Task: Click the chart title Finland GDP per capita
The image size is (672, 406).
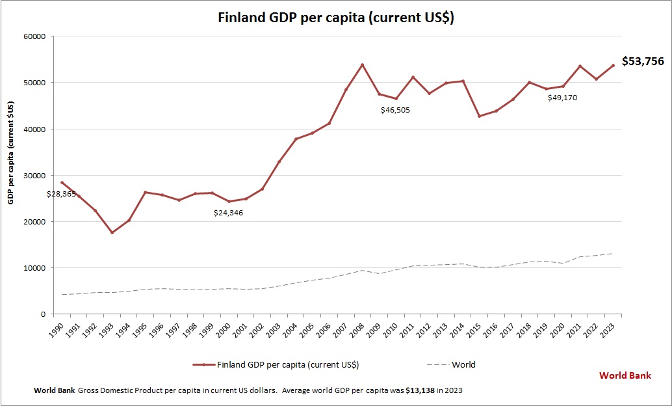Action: pyautogui.click(x=335, y=18)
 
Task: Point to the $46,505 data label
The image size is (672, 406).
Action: pyautogui.click(x=395, y=110)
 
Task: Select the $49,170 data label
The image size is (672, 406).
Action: pyautogui.click(x=562, y=98)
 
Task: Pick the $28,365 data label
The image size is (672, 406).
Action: pyautogui.click(x=61, y=194)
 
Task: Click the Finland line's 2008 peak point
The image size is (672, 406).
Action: pyautogui.click(x=363, y=65)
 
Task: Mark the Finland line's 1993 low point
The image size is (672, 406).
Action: pyautogui.click(x=112, y=232)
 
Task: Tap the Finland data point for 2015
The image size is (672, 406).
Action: pyautogui.click(x=480, y=116)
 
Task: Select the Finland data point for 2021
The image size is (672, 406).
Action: pyautogui.click(x=580, y=66)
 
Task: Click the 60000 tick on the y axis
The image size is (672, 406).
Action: pyautogui.click(x=34, y=36)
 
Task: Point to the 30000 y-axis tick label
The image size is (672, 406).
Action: pyautogui.click(x=34, y=176)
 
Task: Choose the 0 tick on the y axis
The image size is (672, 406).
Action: pyautogui.click(x=42, y=314)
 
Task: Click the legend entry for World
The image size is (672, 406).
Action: pyautogui.click(x=463, y=364)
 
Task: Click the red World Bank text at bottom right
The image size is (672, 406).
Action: pyautogui.click(x=625, y=375)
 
